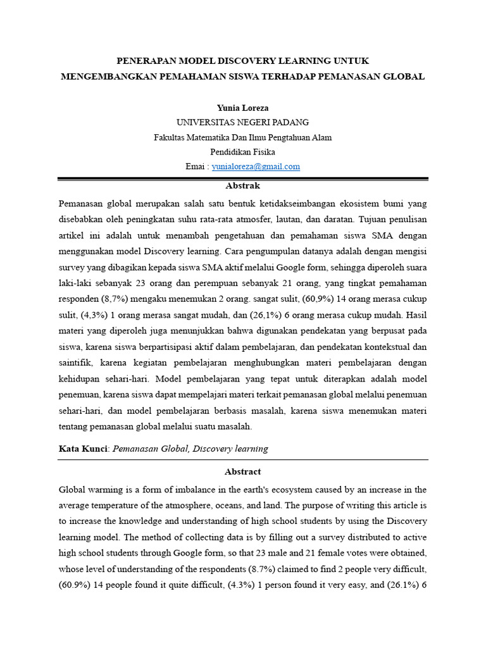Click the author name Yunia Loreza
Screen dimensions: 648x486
tap(242, 108)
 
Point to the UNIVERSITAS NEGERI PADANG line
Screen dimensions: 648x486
tap(242, 122)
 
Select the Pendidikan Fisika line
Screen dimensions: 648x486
tap(242, 152)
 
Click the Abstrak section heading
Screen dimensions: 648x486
tap(242, 186)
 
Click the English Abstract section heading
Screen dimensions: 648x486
tap(242, 471)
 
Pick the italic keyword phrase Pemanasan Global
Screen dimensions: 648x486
tap(150, 449)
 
